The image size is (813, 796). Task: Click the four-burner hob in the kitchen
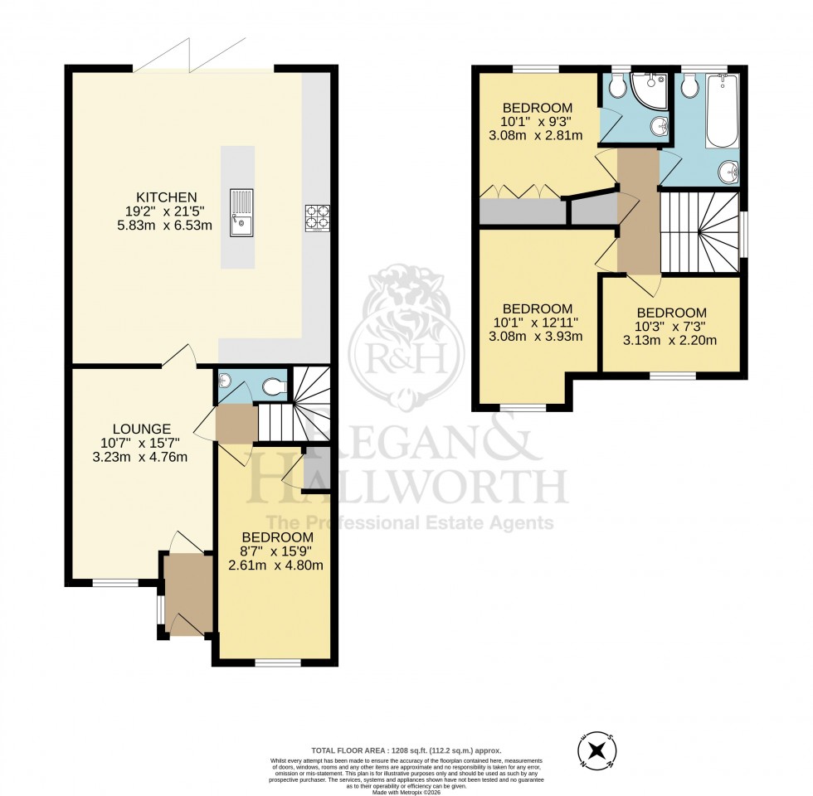317,217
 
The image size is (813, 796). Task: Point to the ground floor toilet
277,386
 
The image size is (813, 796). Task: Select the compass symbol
596,751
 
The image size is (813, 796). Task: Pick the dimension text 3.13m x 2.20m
675,340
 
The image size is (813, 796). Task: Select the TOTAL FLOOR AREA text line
406,749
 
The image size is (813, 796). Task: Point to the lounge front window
115,583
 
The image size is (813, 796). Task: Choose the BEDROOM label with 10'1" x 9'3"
538,108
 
